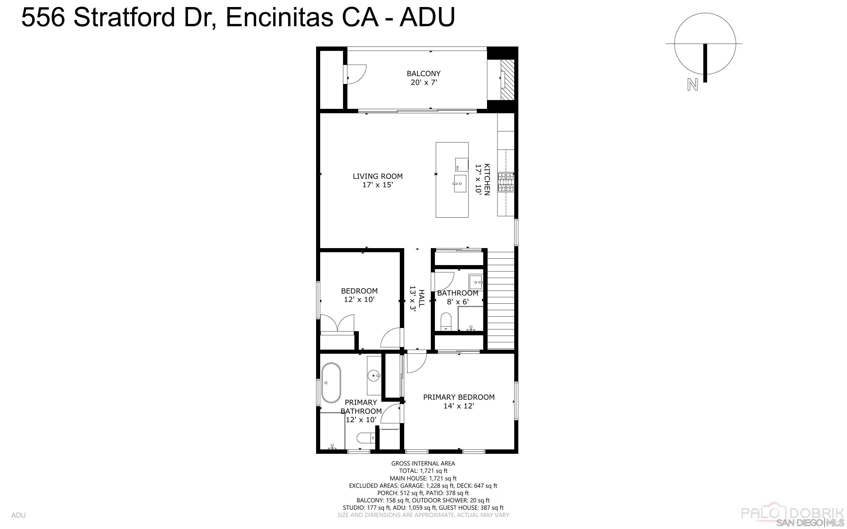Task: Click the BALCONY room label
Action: point(423,73)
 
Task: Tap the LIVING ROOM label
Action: point(378,176)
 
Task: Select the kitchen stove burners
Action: point(506,182)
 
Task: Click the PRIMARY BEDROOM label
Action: point(459,397)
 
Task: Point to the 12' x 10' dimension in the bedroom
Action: point(359,300)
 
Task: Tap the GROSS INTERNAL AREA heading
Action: point(423,463)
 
